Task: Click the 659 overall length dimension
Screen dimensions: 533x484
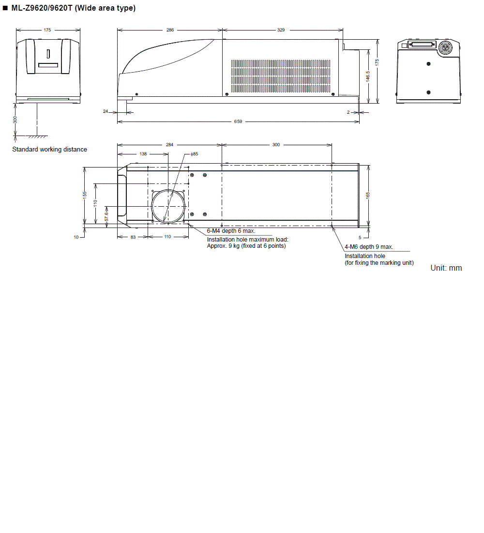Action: coord(238,122)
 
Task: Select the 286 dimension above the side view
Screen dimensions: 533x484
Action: coord(170,30)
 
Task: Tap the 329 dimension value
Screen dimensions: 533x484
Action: coord(281,30)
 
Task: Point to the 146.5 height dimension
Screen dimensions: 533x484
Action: coord(368,76)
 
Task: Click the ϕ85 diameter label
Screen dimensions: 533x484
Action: coord(194,154)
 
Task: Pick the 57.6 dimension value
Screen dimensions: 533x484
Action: coord(106,216)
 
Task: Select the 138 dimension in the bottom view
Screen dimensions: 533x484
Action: coord(143,154)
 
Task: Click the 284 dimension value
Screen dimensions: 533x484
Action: coord(169,145)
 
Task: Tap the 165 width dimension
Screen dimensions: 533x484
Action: coord(368,195)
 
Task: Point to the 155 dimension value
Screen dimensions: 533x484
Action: coord(85,195)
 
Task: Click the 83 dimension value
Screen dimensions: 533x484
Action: coord(133,237)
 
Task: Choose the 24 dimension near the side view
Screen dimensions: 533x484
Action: coord(106,112)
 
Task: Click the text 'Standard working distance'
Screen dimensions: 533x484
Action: coord(49,150)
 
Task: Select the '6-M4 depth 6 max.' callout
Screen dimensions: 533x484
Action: coord(231,231)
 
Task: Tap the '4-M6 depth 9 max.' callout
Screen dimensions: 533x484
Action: coord(369,247)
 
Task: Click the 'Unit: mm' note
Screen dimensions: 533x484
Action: coord(446,268)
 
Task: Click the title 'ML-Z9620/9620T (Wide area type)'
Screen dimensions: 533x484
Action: coord(73,8)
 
